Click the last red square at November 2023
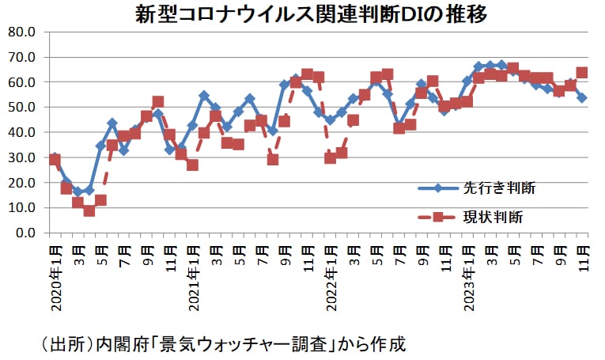click(581, 72)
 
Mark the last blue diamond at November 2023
click(581, 97)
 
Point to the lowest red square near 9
click(89, 210)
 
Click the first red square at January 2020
click(55, 159)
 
